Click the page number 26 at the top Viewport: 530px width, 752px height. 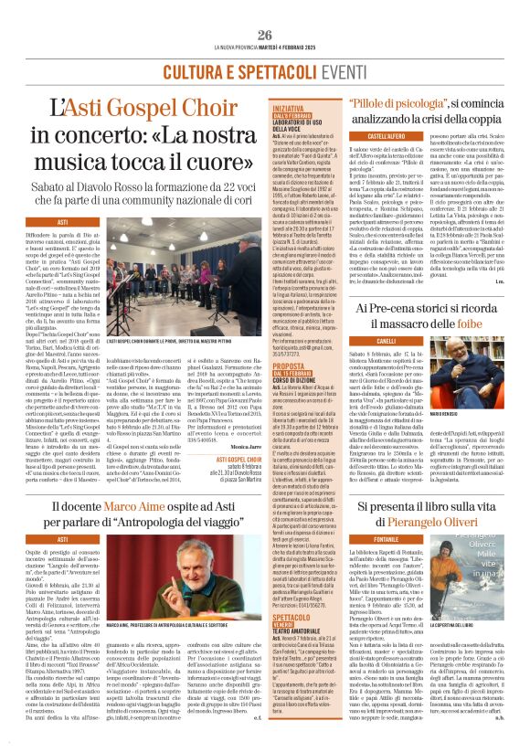(264, 35)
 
